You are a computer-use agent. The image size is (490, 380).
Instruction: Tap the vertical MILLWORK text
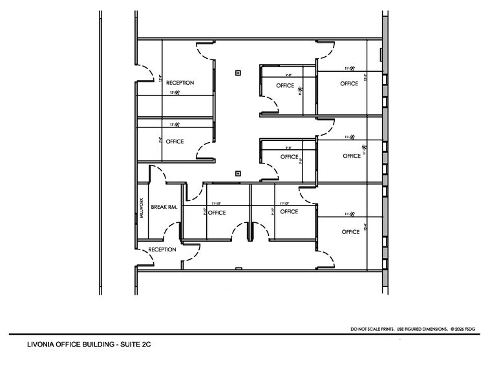141,209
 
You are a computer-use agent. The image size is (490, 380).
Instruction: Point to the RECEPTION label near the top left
180,83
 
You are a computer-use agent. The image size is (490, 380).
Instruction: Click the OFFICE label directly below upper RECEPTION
175,142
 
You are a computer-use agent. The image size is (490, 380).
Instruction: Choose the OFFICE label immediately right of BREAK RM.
217,212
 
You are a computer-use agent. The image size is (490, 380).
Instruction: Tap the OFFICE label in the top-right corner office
349,84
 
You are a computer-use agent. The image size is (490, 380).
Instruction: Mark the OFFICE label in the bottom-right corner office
350,231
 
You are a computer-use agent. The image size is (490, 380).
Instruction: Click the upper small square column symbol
239,73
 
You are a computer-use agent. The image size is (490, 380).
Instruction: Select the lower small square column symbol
239,173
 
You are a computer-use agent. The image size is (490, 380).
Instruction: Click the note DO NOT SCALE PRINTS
371,329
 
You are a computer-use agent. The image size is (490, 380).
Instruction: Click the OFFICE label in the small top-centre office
285,85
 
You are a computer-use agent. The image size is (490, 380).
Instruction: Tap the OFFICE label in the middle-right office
352,156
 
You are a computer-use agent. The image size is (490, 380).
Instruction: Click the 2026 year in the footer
463,329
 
